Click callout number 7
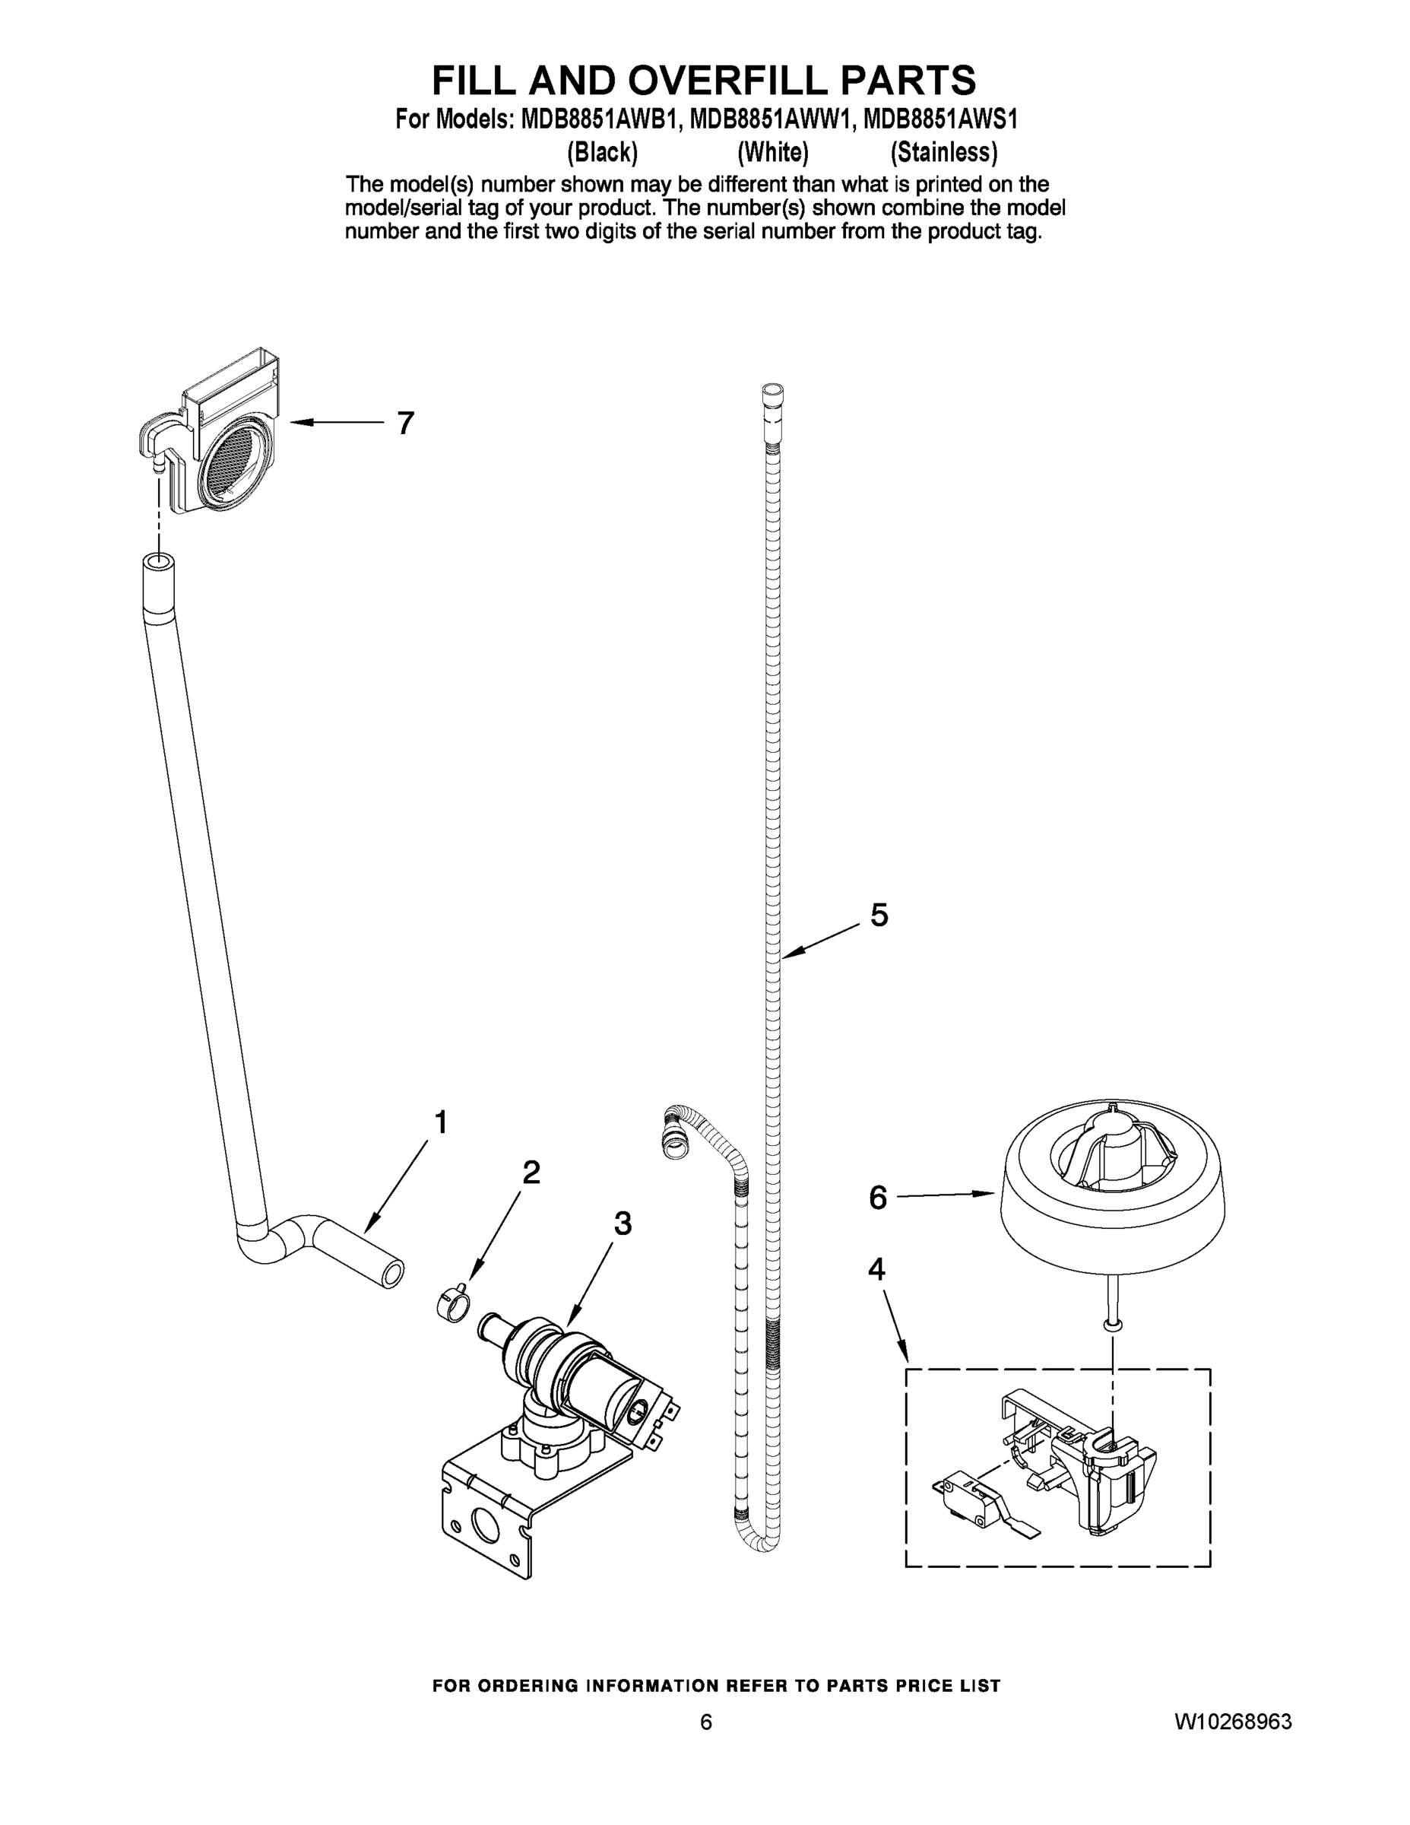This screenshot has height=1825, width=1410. coord(405,424)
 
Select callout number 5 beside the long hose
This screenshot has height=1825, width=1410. coord(879,915)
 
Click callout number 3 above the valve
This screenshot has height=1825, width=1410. coord(623,1224)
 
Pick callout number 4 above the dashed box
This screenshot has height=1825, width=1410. coord(876,1268)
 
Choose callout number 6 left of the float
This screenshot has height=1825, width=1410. coord(877,1198)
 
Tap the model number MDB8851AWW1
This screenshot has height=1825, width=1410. coord(773,120)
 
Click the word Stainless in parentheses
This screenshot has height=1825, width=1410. coord(943,152)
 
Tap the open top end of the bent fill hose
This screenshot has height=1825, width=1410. coord(157,561)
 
